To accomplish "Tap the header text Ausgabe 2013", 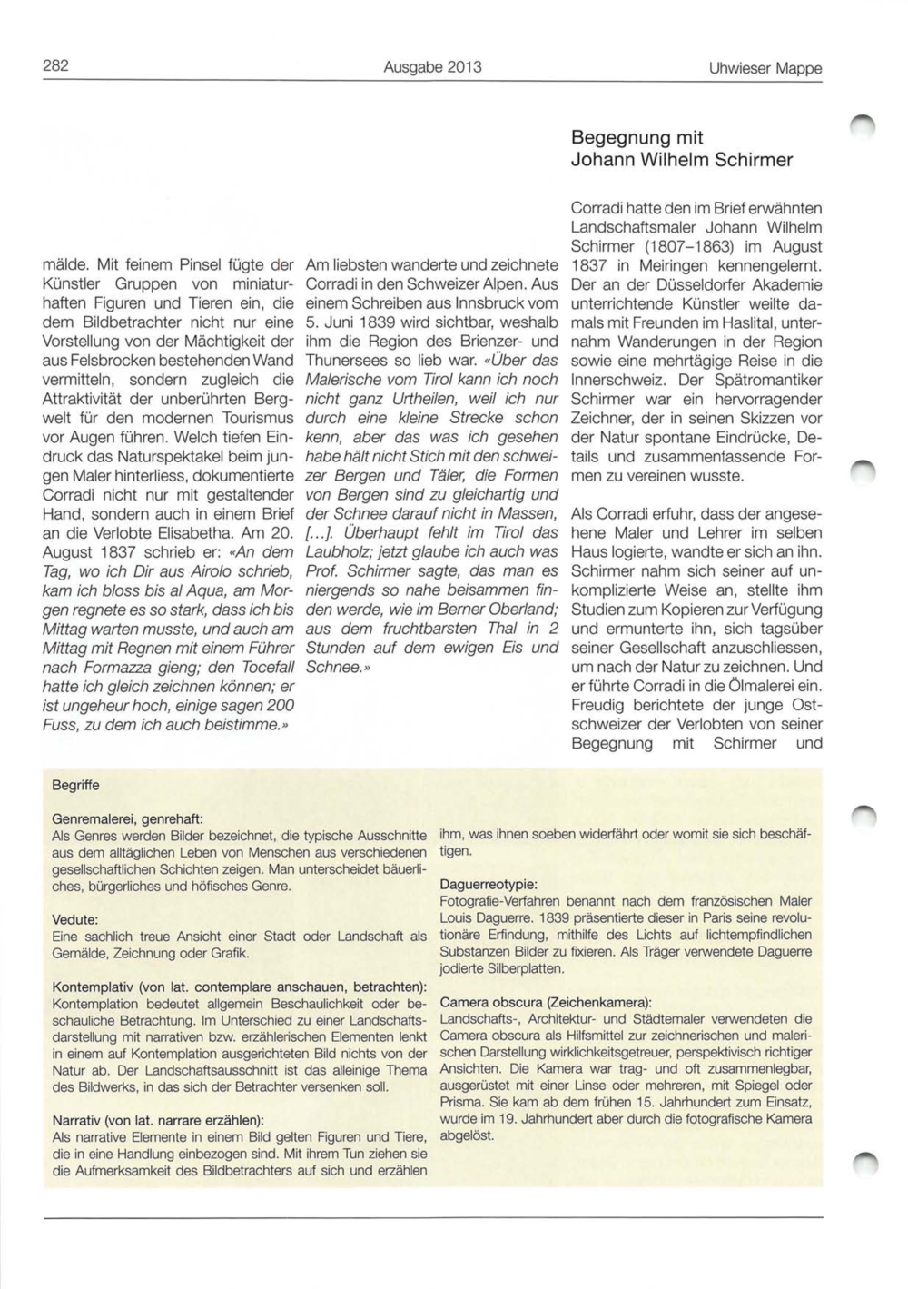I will pos(432,67).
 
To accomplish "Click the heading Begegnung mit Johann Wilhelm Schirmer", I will pos(681,149).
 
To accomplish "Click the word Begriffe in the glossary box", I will pos(76,785).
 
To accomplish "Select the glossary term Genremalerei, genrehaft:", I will pos(127,818).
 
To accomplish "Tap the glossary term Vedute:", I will pos(75,919).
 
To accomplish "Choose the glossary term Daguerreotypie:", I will pos(488,884).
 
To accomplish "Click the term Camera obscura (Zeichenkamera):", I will pos(546,1002).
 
